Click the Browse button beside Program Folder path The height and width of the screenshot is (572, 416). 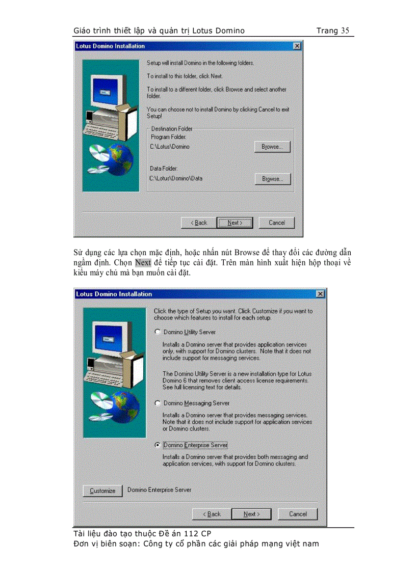coord(272,147)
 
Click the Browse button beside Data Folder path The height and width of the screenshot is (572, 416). coord(272,179)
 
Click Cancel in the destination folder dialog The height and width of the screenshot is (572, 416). coord(276,223)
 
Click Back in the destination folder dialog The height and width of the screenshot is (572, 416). coord(199,223)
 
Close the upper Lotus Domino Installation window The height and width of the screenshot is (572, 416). coord(297,46)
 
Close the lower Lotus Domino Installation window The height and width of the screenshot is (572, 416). coord(320,294)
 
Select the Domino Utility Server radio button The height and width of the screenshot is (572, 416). coord(158,332)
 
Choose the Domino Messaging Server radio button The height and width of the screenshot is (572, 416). coord(158,403)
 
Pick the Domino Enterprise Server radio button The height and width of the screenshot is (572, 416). coord(158,445)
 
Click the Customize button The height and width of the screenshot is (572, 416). coord(102,491)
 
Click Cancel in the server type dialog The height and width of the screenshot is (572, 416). coord(298,513)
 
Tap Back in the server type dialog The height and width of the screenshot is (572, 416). coord(212,513)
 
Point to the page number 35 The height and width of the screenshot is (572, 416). coord(345,31)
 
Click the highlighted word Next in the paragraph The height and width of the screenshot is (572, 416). coord(143,263)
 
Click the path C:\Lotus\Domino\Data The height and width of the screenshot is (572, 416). coord(176,178)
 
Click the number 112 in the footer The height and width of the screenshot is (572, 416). coord(191,533)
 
